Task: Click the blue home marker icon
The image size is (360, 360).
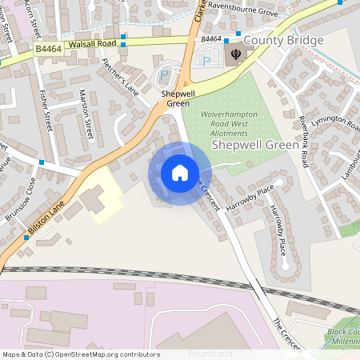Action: point(180,173)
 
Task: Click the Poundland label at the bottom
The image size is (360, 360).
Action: point(210,353)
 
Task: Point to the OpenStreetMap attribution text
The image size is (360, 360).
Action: point(80,354)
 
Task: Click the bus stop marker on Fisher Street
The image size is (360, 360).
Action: point(41,162)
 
